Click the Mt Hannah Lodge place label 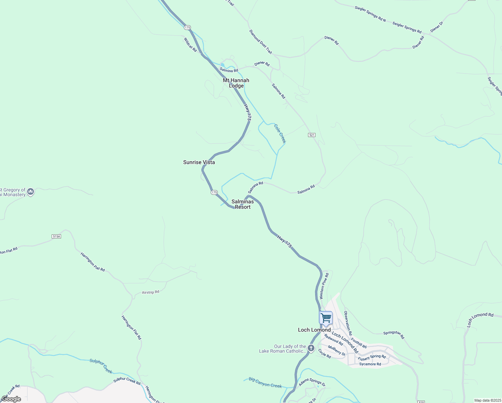(236, 83)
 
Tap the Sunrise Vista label (199, 162)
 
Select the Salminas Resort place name (243, 204)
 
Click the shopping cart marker (326, 318)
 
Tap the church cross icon (311, 348)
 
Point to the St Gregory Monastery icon (31, 192)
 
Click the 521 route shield (312, 135)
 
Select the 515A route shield (56, 236)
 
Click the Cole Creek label (280, 134)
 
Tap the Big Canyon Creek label (265, 383)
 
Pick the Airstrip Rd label (150, 292)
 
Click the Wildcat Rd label (190, 45)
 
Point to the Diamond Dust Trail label (260, 42)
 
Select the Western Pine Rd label (324, 286)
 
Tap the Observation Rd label (348, 323)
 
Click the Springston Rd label (394, 335)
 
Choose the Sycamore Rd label (370, 364)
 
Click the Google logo (11, 399)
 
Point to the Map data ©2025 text (487, 400)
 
